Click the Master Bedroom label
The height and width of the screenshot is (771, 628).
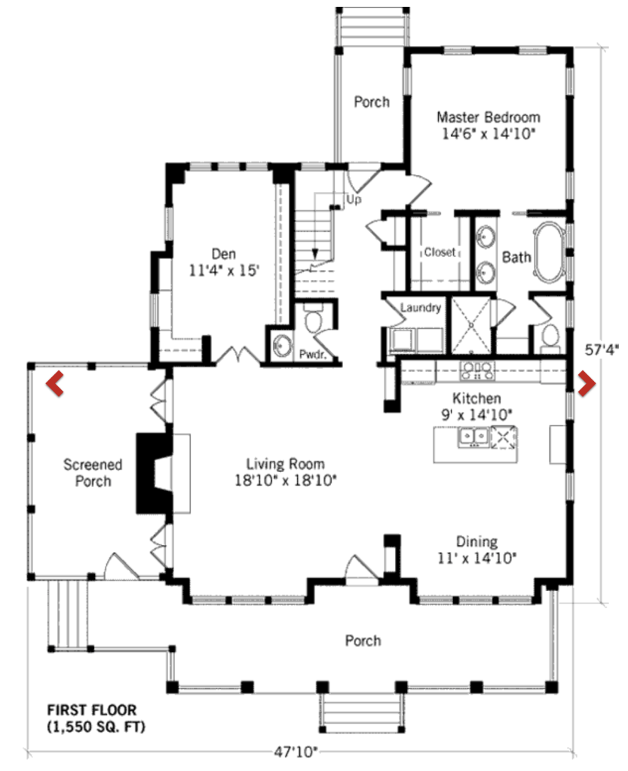(489, 117)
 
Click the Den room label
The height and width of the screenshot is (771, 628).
(224, 254)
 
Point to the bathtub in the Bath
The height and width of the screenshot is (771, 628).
(550, 253)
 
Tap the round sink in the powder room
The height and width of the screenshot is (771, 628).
(282, 345)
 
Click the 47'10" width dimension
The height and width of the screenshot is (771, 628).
(296, 752)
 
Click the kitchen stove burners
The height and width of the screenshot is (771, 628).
(477, 371)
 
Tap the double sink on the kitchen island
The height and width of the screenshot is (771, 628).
(473, 437)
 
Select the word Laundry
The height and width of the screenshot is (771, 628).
(421, 308)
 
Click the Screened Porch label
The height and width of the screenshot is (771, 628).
(93, 473)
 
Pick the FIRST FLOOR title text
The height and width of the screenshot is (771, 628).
(91, 710)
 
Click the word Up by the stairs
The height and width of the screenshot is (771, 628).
(354, 200)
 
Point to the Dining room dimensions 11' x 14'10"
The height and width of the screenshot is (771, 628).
(477, 558)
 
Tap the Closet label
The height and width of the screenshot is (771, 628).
(440, 252)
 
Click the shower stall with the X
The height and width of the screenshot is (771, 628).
(471, 325)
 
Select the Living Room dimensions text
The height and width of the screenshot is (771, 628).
(286, 480)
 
